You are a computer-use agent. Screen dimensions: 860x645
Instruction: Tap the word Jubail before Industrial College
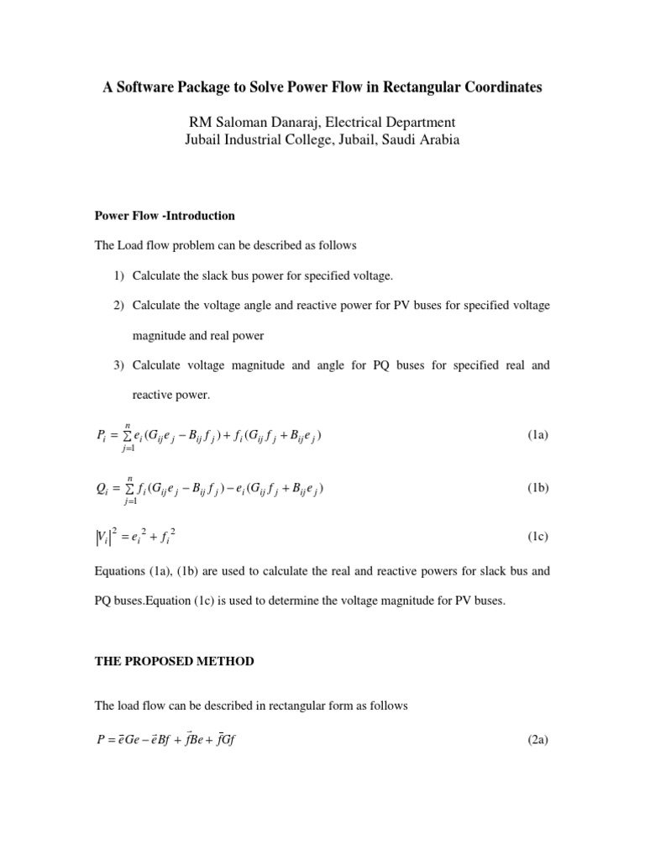(207, 141)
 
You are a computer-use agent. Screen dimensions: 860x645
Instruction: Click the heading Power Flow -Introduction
(165, 216)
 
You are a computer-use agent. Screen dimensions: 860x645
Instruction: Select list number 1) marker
(119, 276)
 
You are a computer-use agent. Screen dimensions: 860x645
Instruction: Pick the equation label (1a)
(537, 435)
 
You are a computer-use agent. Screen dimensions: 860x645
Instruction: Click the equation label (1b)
(537, 488)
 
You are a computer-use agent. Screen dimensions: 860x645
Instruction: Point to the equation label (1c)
(537, 535)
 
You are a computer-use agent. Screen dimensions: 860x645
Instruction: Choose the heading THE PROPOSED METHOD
(174, 662)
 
